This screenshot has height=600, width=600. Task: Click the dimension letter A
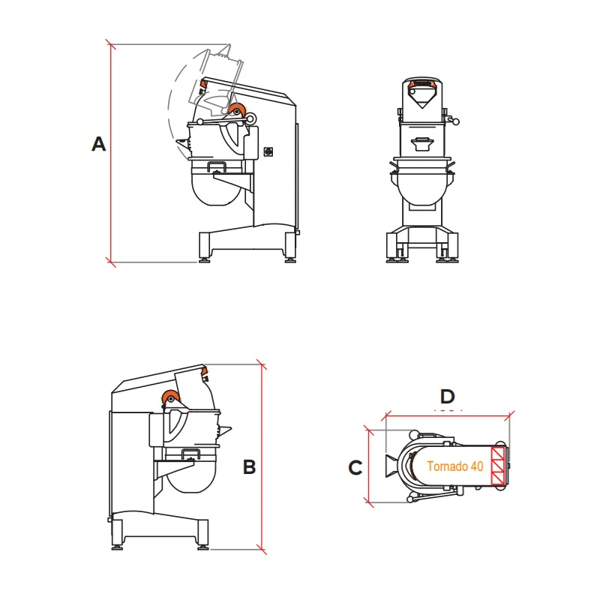tap(99, 144)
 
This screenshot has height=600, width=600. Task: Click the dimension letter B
tap(249, 466)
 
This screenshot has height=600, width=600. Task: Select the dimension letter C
tap(355, 467)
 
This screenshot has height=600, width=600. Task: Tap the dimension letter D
tap(447, 397)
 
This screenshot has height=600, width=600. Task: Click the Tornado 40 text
tap(455, 466)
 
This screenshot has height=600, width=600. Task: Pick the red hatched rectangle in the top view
tap(497, 466)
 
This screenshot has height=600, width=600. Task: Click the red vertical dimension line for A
tap(111, 153)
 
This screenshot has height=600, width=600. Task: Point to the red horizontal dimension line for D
tap(448, 416)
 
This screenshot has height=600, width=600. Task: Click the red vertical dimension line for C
tap(368, 466)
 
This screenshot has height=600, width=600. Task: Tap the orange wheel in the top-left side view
tap(236, 109)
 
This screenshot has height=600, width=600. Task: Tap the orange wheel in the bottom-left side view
tap(170, 398)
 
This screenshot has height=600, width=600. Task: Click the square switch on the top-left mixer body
tap(268, 152)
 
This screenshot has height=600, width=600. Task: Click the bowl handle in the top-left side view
tap(217, 166)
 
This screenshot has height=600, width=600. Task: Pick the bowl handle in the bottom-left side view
tap(190, 454)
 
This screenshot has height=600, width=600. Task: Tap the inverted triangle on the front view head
tap(421, 97)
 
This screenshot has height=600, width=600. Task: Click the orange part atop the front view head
tap(421, 83)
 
